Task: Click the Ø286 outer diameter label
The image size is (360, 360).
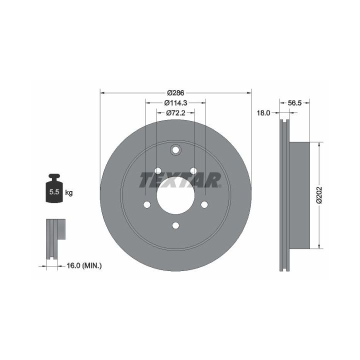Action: pyautogui.click(x=175, y=93)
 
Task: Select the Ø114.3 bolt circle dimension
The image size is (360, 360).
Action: pyautogui.click(x=175, y=103)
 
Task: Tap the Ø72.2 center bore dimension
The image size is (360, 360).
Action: pyautogui.click(x=175, y=112)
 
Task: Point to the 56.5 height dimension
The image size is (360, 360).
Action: pyautogui.click(x=294, y=103)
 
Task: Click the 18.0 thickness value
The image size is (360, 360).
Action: pyautogui.click(x=263, y=112)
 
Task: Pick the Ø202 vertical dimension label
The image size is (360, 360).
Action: pyautogui.click(x=319, y=195)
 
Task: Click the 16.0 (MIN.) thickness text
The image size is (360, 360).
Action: pyautogui.click(x=84, y=266)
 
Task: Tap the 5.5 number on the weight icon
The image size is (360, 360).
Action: pyautogui.click(x=54, y=191)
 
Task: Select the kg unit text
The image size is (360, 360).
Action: pyautogui.click(x=69, y=192)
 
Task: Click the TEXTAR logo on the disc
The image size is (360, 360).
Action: pyautogui.click(x=180, y=180)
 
